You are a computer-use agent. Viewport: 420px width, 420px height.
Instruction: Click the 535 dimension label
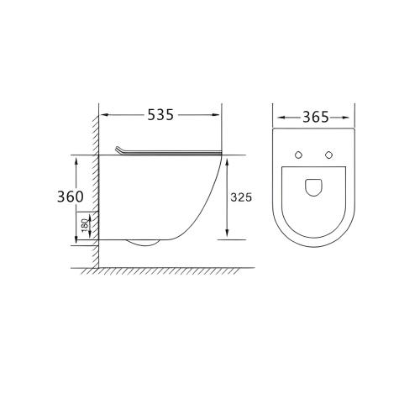[x=160, y=115]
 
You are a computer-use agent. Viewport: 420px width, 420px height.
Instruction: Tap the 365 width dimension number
[x=316, y=118]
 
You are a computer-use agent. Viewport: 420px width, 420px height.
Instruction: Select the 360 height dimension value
[x=71, y=197]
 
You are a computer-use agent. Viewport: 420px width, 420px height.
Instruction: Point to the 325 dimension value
[x=241, y=197]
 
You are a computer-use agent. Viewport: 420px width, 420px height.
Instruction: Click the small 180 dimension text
[x=85, y=225]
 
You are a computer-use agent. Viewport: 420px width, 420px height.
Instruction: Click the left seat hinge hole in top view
[x=299, y=155]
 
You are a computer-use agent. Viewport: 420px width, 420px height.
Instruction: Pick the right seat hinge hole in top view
[x=328, y=155]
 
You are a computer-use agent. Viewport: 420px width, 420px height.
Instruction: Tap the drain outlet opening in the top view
[x=313, y=187]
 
